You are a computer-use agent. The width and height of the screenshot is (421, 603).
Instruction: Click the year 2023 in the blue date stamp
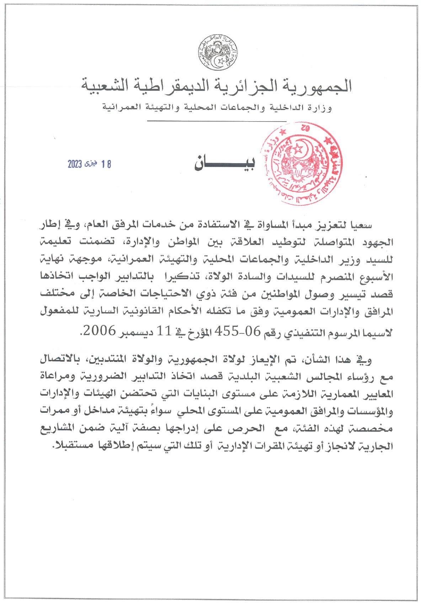coord(75,164)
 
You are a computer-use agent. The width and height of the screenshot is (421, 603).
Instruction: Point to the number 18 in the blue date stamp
coord(106,164)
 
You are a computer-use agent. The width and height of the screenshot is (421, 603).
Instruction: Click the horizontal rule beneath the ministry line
coord(217,121)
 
